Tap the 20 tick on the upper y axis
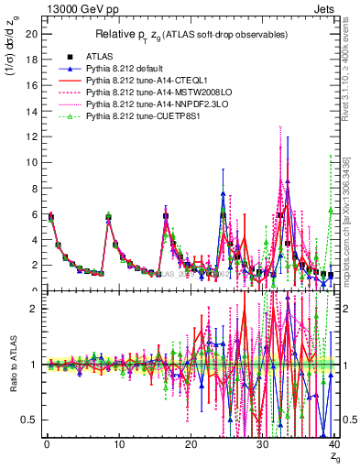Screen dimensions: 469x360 [x=30, y=34]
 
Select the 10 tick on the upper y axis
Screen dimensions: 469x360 [x=30, y=162]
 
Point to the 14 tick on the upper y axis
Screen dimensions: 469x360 [x=30, y=111]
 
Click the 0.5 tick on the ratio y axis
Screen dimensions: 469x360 [x=28, y=420]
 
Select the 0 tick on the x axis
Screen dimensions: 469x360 [x=46, y=449]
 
